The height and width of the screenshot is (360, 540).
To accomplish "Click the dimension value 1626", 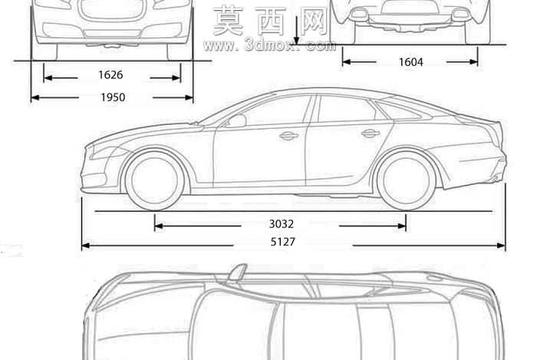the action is [110, 74].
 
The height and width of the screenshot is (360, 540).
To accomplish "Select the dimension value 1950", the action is [113, 97].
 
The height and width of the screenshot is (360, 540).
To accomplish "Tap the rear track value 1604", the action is [410, 62].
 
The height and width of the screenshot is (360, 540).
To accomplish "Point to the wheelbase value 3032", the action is [282, 224].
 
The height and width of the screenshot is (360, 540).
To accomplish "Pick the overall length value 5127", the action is [283, 242].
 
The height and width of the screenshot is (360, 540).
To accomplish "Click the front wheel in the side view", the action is [155, 180].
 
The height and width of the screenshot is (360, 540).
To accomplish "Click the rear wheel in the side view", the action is [406, 180].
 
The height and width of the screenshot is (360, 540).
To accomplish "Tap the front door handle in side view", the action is [288, 136].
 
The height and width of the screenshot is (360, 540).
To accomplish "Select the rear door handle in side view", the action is [370, 134].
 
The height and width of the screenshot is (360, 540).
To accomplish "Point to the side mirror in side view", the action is [236, 121].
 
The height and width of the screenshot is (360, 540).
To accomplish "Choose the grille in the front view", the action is [111, 10].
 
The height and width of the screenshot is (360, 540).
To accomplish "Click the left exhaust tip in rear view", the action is [359, 14].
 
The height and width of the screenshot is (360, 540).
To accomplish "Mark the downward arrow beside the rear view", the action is [297, 30].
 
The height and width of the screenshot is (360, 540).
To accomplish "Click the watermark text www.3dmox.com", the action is [269, 45].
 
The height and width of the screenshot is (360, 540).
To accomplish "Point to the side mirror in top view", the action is [237, 272].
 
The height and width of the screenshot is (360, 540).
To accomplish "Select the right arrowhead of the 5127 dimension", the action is [502, 246].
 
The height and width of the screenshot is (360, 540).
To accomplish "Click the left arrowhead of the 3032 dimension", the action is [159, 226].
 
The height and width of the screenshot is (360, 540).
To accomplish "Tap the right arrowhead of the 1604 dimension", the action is [474, 62].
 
